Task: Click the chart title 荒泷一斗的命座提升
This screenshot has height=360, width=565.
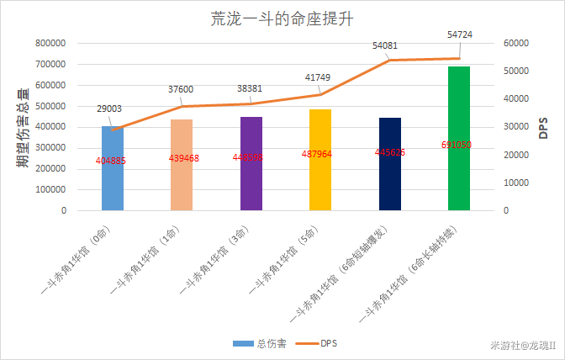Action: tap(282, 19)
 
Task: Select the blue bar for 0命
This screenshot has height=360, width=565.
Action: tap(112, 181)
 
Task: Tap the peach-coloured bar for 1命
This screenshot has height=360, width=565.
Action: tap(182, 177)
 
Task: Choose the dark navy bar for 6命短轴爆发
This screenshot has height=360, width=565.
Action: tap(389, 177)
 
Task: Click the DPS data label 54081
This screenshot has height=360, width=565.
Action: tap(386, 45)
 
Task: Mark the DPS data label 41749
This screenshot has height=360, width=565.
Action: tap(317, 77)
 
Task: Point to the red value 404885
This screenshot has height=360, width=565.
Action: tap(112, 161)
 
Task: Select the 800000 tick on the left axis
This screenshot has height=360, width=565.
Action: tap(51, 43)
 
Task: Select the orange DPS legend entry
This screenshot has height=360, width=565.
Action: tap(321, 343)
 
